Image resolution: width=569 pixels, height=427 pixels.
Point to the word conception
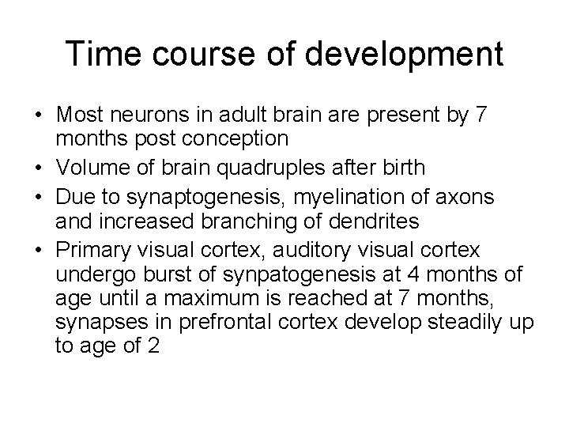pos(233,139)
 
